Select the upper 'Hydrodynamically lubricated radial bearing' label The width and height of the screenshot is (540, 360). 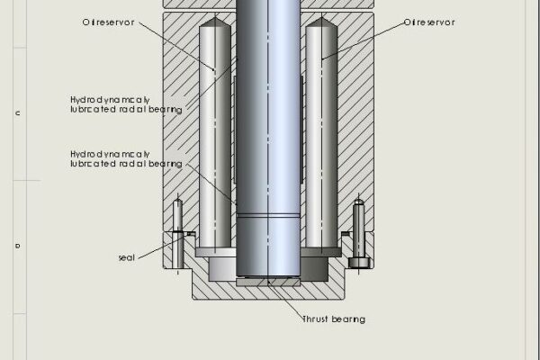tap(126, 103)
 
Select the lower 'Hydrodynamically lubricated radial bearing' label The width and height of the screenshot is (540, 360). tap(126, 158)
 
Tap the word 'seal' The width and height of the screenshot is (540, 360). tap(126, 257)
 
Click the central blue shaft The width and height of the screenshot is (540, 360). tap(267, 135)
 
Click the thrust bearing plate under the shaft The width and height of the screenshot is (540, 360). tap(267, 283)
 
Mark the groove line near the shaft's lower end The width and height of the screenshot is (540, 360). tap(267, 215)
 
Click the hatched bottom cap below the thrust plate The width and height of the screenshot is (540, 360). tap(267, 293)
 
